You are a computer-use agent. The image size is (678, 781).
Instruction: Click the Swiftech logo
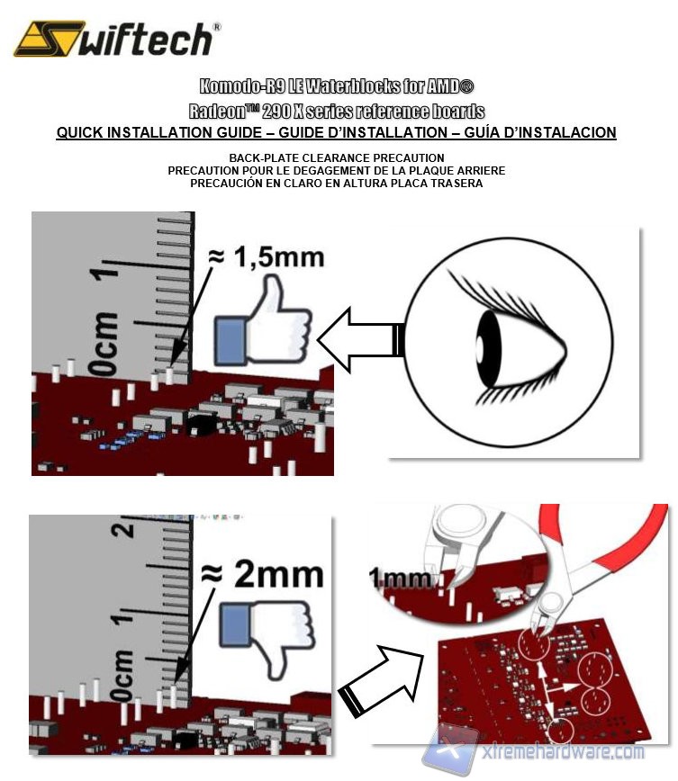[117, 39]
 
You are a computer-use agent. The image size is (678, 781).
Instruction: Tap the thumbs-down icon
[267, 638]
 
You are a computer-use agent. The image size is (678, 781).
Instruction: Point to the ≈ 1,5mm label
[267, 257]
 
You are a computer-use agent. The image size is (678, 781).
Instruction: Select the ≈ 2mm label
[262, 574]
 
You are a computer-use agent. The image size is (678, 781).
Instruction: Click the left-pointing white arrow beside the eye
[360, 339]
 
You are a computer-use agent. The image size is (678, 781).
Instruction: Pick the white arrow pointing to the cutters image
[381, 680]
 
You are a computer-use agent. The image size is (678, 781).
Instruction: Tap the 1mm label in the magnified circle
[400, 579]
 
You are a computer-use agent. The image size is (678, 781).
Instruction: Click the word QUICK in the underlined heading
[79, 132]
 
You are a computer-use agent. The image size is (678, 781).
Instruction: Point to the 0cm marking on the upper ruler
[104, 343]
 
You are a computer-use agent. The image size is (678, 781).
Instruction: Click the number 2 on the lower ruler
[122, 528]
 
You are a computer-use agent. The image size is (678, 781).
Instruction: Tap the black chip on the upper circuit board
[201, 425]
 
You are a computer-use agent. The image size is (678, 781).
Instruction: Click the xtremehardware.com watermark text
[564, 751]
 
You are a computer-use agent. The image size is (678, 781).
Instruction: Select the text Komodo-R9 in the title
[243, 86]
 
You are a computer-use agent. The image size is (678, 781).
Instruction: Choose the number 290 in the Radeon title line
[276, 111]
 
